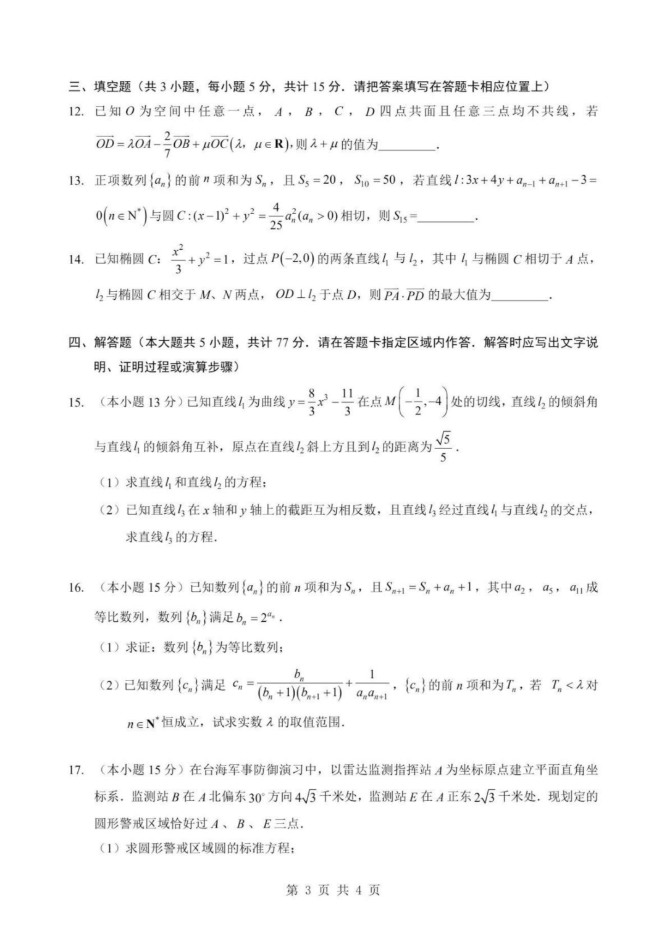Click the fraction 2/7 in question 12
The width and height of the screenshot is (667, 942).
pos(167,144)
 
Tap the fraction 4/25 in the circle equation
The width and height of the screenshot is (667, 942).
pos(275,216)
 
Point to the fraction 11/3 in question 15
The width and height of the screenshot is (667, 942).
pos(347,402)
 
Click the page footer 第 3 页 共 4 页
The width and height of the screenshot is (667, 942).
pos(333,890)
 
